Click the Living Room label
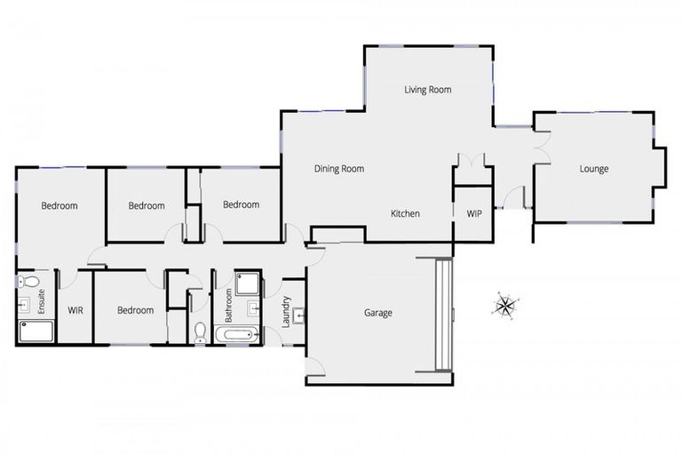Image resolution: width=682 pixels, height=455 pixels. coord(428,90)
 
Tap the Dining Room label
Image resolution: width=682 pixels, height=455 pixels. coord(338,169)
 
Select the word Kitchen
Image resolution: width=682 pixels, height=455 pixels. coord(405,214)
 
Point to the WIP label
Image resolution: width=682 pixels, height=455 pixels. coord(473,214)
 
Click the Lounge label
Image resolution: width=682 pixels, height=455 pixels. coord(593,169)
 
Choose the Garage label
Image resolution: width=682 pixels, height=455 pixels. coord(377,313)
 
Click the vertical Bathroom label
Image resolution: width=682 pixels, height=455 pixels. coord(229,304)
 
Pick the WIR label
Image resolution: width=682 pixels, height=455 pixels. coord(75,311)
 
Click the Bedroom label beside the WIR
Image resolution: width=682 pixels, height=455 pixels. coord(136,311)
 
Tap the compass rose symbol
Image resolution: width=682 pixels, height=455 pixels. coord(504,307)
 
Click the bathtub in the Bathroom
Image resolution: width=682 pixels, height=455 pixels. coord(236,336)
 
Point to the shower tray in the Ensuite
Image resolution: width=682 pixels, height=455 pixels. coord(36,332)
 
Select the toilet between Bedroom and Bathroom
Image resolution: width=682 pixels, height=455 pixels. coord(201,332)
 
